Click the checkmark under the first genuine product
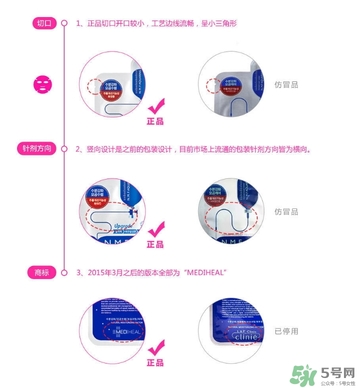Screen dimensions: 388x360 click(x=155, y=107)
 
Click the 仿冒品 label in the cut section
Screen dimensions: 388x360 click(x=288, y=85)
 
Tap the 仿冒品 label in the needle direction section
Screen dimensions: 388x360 click(x=288, y=208)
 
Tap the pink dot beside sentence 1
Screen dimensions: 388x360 click(x=66, y=21)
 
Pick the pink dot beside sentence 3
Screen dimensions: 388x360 click(x=66, y=272)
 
